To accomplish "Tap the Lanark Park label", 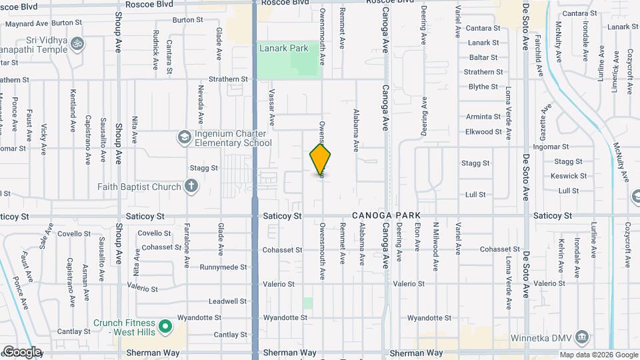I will (284, 48).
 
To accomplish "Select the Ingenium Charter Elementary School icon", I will (183, 137).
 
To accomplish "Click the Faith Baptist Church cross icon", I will (191, 186).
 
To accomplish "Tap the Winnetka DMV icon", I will (582, 337).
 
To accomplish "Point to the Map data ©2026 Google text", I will (598, 355).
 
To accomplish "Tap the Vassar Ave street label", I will (272, 108).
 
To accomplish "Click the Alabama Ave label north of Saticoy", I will (356, 129).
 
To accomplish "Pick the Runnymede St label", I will (223, 267).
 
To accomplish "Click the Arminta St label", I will (483, 117).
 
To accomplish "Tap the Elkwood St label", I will (483, 132).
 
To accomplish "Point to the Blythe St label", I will (483, 87).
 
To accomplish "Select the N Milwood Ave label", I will (435, 237).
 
